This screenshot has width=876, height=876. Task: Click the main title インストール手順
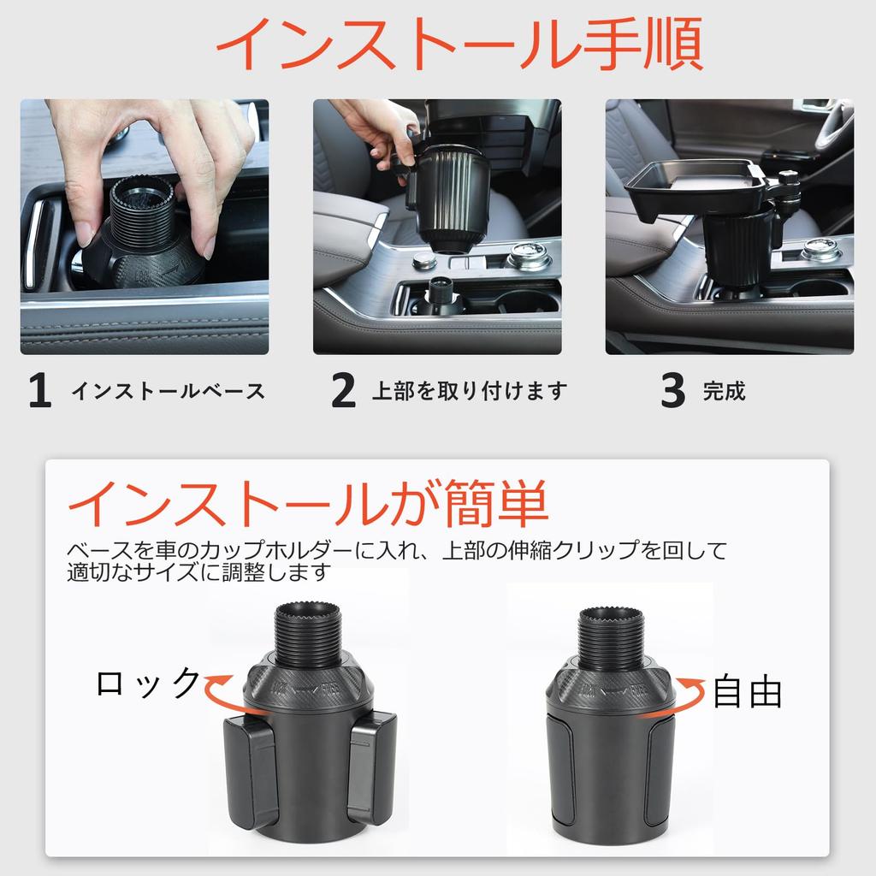click(459, 44)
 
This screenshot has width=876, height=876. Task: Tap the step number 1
click(39, 392)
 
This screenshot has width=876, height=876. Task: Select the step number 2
click(343, 392)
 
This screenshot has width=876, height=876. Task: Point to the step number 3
click(673, 392)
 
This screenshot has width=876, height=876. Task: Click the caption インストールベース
click(168, 392)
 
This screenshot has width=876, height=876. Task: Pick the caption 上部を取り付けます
click(470, 392)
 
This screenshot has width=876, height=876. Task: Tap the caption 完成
click(724, 392)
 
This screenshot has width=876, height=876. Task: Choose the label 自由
click(747, 692)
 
